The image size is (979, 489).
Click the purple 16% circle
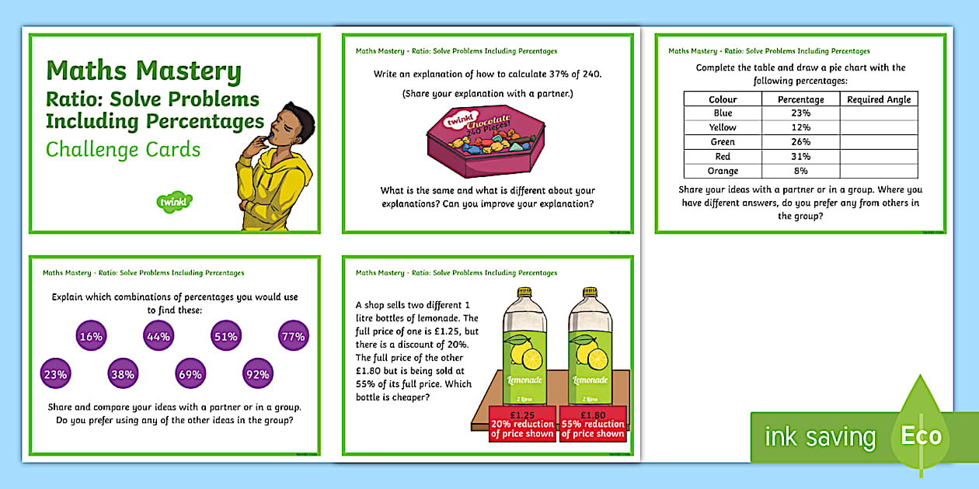(91, 336)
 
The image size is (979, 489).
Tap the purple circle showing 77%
(293, 336)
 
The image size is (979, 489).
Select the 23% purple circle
(55, 374)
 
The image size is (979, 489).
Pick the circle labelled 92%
(258, 374)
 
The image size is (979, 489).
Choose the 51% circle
(225, 336)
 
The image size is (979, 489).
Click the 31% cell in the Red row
(800, 157)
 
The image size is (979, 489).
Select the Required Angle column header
(879, 99)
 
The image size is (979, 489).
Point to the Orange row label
(723, 171)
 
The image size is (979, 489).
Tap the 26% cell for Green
(800, 142)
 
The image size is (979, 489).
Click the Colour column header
(723, 99)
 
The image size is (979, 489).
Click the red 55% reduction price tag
(593, 429)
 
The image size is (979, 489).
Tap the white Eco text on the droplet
(921, 435)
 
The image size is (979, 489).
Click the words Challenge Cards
(123, 149)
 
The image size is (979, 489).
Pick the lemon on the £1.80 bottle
(597, 359)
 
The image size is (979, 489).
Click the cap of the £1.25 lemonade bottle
(524, 294)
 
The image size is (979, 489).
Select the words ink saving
(820, 437)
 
